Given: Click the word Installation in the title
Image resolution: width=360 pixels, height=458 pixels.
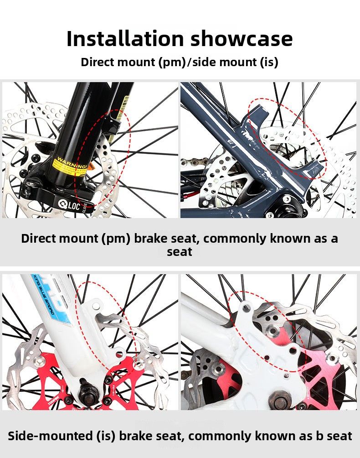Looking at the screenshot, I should [x=125, y=39].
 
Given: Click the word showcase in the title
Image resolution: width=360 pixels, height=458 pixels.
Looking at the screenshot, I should [x=242, y=39].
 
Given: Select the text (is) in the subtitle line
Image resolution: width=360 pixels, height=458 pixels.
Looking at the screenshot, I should [x=269, y=62].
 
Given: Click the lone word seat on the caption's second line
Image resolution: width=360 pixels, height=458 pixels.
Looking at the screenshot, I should [x=180, y=251].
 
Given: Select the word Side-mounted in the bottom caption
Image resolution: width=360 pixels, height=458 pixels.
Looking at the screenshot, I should [x=49, y=436].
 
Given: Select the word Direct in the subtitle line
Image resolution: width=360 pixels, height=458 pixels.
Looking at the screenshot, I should [x=97, y=62].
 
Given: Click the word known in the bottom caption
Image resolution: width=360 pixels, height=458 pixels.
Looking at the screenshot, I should [x=268, y=436].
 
